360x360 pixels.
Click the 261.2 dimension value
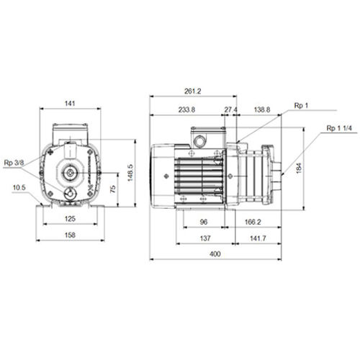click(x=193, y=91)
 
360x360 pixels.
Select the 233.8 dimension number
click(x=186, y=109)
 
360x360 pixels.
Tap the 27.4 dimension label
click(x=230, y=109)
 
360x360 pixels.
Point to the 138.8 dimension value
click(x=262, y=109)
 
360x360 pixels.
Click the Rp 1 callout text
click(x=301, y=105)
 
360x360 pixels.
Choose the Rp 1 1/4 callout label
click(x=339, y=128)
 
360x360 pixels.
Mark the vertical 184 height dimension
click(x=299, y=168)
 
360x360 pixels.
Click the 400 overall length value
click(x=215, y=254)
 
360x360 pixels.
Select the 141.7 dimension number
click(x=258, y=238)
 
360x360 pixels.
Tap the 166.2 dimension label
click(x=253, y=222)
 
